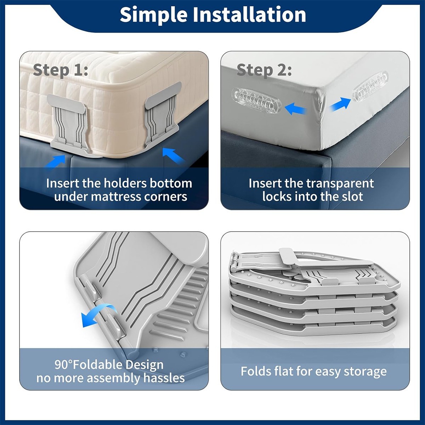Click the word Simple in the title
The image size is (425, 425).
154,15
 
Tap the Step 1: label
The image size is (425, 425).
61,70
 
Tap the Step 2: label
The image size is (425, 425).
264,70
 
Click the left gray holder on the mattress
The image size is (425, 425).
69,124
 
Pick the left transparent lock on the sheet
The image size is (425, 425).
256,101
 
